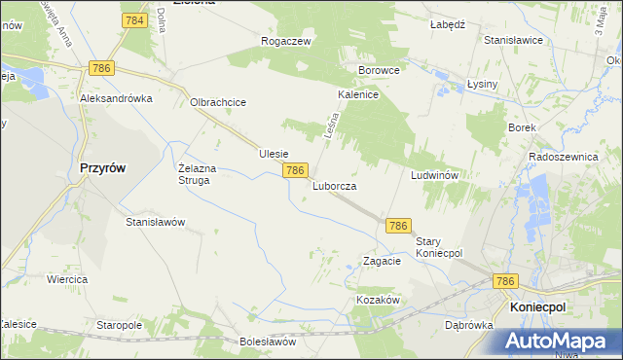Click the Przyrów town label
[101, 166]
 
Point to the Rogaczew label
[285, 41]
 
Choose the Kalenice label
[357, 95]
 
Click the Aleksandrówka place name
[118, 99]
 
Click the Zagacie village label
[382, 261]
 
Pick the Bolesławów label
[267, 342]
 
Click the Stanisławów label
[155, 222]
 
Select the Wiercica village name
[67, 279]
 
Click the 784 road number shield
[135, 20]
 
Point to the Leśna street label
[329, 127]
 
